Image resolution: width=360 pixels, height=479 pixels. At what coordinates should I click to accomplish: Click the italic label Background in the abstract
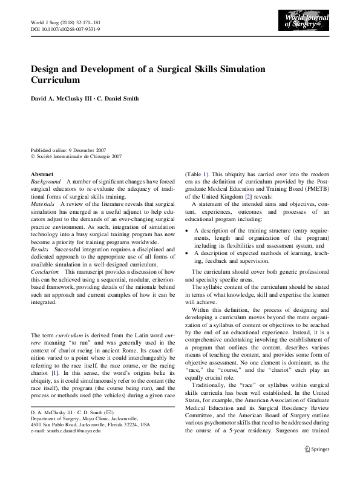point(46,181)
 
